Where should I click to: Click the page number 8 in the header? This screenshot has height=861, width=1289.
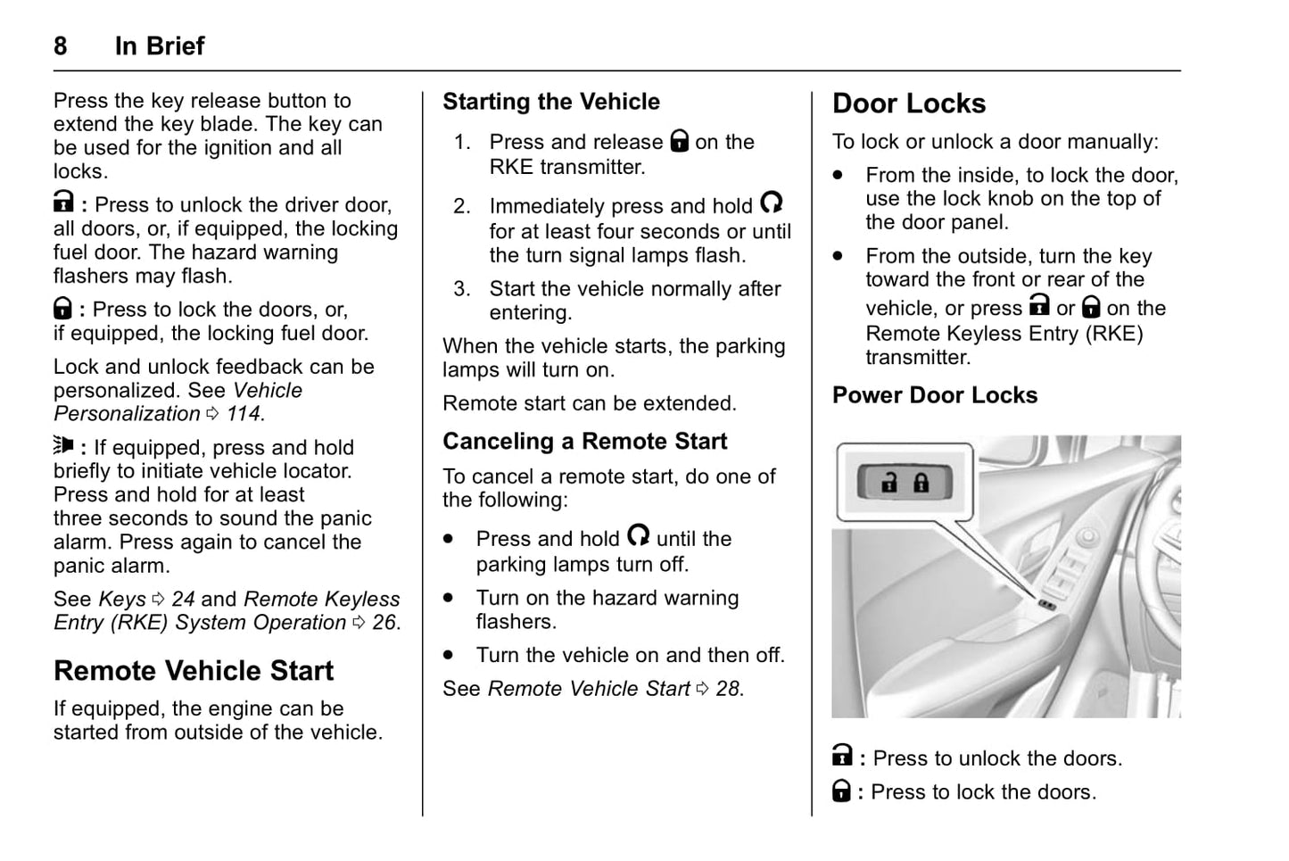[x=60, y=46]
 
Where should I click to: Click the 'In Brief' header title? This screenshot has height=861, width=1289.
[x=160, y=46]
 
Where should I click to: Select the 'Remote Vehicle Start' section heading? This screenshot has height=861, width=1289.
[x=194, y=671]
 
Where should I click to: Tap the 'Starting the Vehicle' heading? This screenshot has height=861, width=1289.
[x=551, y=102]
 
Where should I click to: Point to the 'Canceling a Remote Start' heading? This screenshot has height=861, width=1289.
[x=585, y=442]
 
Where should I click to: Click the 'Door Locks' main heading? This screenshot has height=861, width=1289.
[x=909, y=103]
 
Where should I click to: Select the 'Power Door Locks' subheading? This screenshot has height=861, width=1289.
[x=935, y=395]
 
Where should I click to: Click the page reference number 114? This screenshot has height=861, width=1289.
[x=244, y=414]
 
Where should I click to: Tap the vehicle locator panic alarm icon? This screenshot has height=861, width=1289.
[x=63, y=445]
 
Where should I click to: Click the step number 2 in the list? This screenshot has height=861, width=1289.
[x=461, y=207]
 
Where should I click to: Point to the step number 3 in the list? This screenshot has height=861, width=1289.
[x=461, y=289]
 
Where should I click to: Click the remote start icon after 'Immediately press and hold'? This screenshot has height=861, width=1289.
[x=772, y=203]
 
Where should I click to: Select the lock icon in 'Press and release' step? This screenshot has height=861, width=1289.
[x=680, y=141]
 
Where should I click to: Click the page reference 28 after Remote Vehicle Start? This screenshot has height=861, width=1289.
[x=728, y=689]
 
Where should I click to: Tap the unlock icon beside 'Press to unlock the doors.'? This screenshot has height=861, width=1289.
[x=842, y=757]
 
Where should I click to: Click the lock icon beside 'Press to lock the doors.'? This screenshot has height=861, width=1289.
[x=841, y=791]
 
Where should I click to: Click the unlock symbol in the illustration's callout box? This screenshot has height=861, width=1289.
[x=889, y=483]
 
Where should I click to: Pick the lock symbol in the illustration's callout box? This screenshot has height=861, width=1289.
[x=921, y=483]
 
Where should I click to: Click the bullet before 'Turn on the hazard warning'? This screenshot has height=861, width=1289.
[x=449, y=598]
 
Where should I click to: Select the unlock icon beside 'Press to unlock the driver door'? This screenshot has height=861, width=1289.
[x=63, y=203]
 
